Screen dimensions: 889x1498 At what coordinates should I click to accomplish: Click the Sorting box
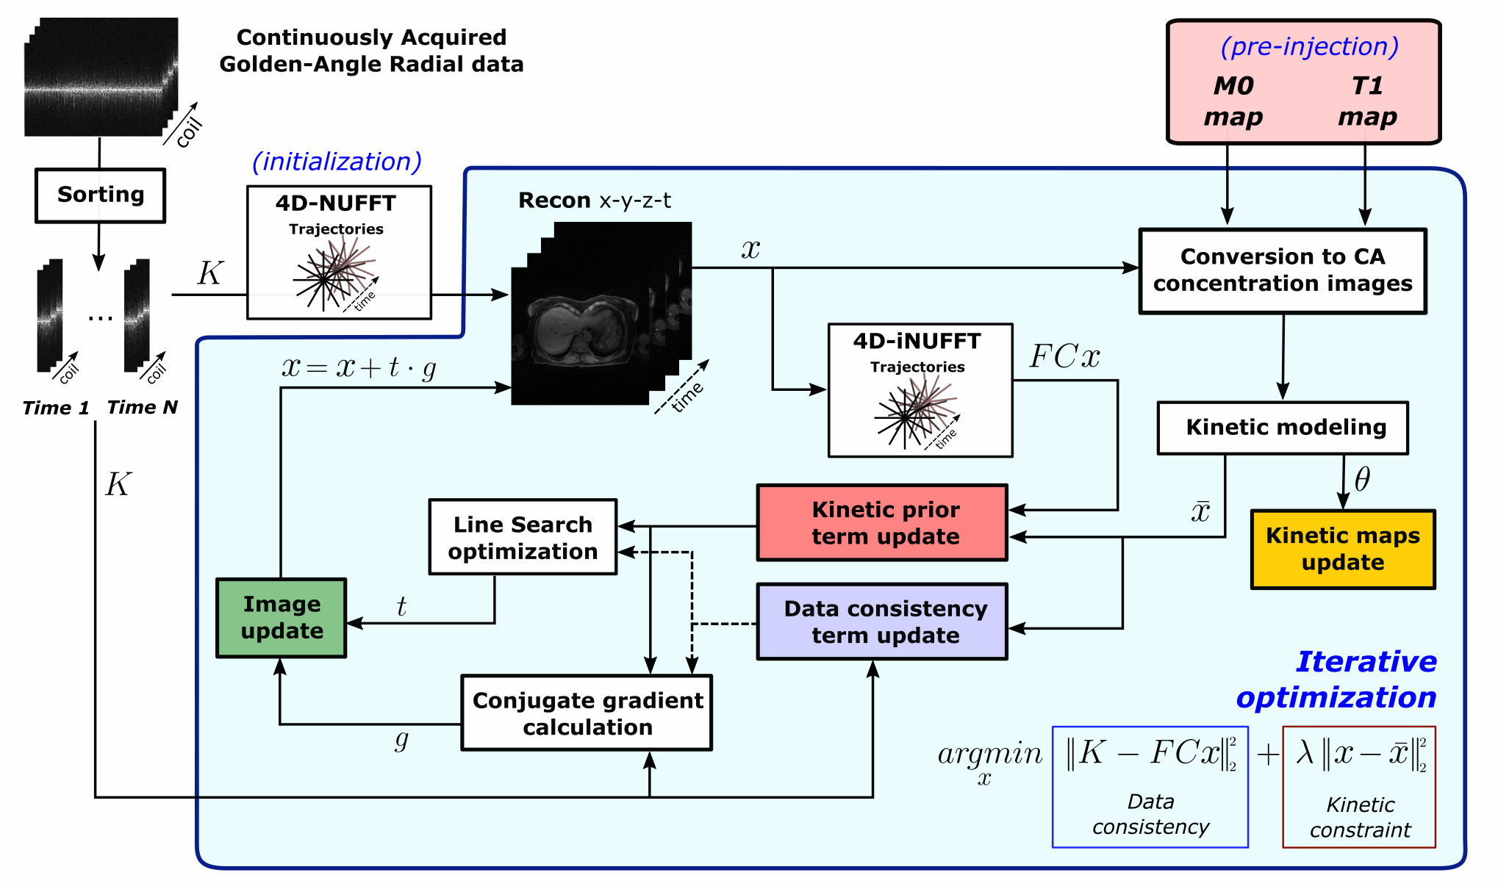(101, 195)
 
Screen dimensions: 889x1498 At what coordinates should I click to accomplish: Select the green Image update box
(282, 618)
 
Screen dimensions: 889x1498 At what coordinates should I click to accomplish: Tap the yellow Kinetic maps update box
(1343, 550)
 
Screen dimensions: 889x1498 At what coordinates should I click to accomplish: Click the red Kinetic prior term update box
(882, 523)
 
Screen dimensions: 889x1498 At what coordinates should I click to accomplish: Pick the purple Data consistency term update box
(882, 622)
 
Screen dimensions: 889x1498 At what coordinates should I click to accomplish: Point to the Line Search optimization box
(523, 538)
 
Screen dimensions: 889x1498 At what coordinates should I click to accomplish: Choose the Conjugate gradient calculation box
(587, 713)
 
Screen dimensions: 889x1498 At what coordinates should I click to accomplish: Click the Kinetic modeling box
(1283, 428)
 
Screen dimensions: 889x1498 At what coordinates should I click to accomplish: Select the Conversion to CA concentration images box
(1283, 271)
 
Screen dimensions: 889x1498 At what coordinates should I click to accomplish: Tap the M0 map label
(1233, 101)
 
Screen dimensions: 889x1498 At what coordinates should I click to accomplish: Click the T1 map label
(1366, 101)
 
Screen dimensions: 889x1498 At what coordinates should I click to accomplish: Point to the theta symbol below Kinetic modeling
(1362, 480)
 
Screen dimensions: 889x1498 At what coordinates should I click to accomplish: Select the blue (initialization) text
(337, 162)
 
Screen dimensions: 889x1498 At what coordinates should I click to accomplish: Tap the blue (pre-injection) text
(1309, 47)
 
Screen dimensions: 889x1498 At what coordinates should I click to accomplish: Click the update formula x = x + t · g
(359, 367)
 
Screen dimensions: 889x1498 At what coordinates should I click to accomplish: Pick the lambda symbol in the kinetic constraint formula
(1305, 752)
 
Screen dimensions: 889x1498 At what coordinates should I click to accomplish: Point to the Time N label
(142, 408)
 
